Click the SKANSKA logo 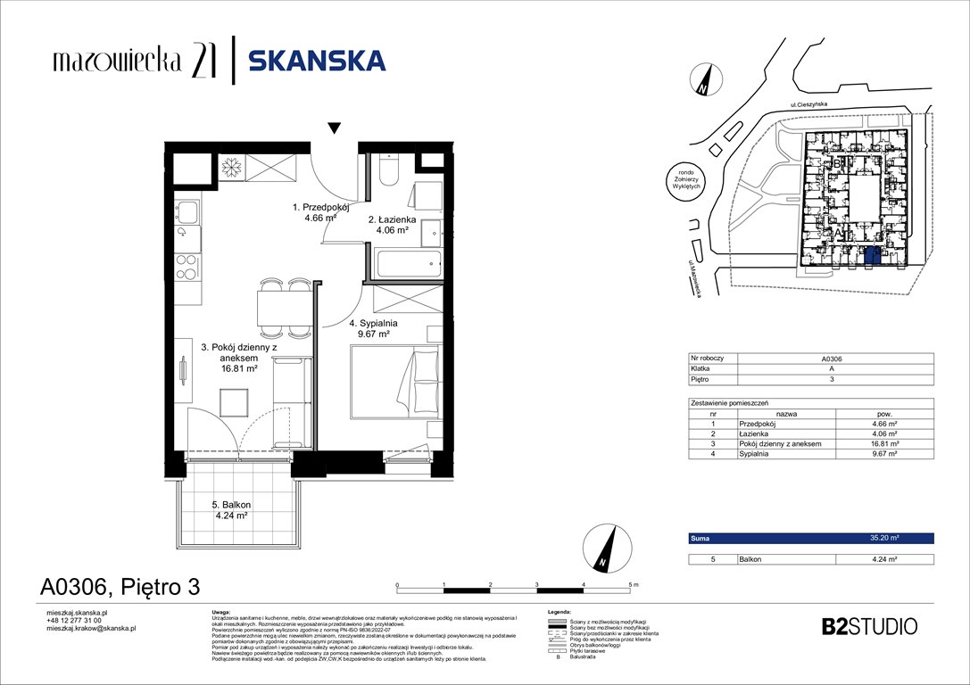pyautogui.click(x=316, y=61)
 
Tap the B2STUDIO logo pyautogui.click(x=868, y=626)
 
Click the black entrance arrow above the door pyautogui.click(x=334, y=128)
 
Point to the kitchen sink pyautogui.click(x=187, y=213)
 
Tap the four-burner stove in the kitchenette pyautogui.click(x=187, y=266)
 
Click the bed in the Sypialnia pyautogui.click(x=394, y=382)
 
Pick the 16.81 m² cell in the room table pyautogui.click(x=883, y=443)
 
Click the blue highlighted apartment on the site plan pyautogui.click(x=872, y=257)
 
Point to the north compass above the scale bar pyautogui.click(x=604, y=549)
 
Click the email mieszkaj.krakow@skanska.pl pyautogui.click(x=90, y=628)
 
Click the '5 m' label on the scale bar pyautogui.click(x=633, y=582)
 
